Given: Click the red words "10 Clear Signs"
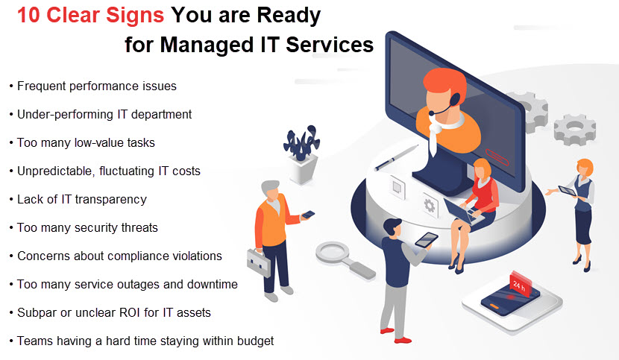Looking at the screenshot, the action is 90,16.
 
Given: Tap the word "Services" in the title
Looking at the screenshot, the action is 330,44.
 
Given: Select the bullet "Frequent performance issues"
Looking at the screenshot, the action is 93,86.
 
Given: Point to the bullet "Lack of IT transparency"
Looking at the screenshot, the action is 78,199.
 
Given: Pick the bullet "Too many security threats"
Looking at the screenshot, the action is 84,228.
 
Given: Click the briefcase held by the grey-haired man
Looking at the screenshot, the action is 259,262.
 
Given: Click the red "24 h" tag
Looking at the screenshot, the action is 520,284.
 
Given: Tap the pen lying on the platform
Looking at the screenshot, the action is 396,158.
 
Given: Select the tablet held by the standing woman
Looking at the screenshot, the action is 568,191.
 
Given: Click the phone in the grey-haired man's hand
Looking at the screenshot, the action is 308,215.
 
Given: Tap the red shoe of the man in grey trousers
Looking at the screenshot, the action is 403,340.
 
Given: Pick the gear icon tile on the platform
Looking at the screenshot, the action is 429,205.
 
